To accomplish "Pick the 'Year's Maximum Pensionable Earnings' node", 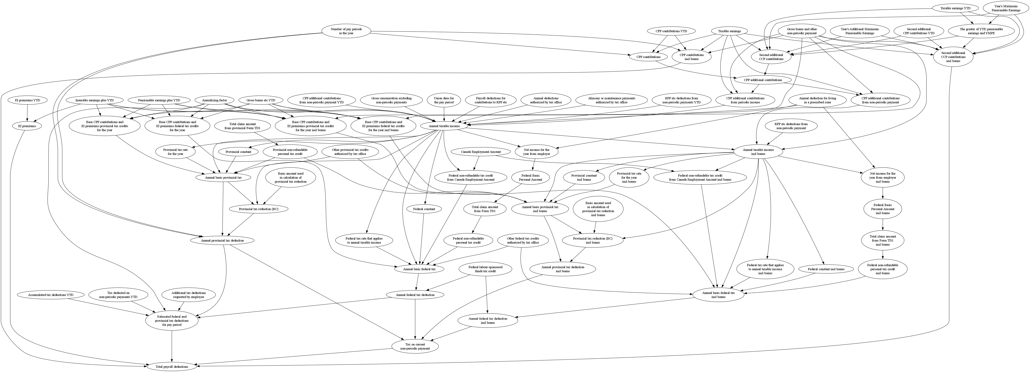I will tap(1005, 8).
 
